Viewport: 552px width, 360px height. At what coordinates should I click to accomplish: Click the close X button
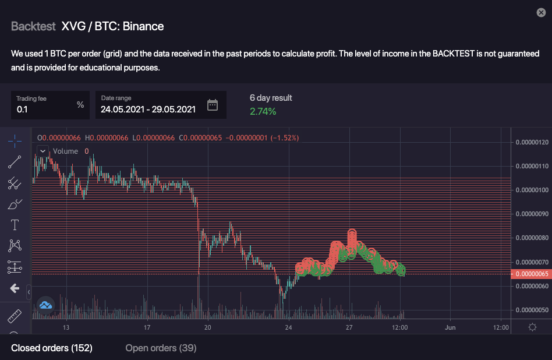(540, 12)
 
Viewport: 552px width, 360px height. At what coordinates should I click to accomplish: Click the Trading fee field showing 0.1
(50, 105)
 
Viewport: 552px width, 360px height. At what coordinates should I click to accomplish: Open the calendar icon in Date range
(213, 105)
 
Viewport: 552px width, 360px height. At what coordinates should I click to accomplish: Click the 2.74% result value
(263, 111)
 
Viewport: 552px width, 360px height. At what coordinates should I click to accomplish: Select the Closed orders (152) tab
(52, 348)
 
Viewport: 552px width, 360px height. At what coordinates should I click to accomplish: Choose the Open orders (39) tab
(161, 348)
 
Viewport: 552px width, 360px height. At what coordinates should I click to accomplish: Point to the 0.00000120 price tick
(532, 142)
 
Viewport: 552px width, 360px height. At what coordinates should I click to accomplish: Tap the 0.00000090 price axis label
(532, 214)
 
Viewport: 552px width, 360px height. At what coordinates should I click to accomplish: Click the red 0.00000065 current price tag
(530, 274)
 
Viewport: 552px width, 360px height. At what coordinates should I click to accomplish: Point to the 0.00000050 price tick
(532, 310)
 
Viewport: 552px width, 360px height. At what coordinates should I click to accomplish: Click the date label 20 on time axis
(208, 327)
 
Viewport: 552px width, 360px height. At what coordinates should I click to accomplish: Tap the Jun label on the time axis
(450, 327)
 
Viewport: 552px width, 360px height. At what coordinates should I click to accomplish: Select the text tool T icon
(15, 225)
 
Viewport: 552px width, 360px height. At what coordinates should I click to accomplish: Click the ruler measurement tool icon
(15, 316)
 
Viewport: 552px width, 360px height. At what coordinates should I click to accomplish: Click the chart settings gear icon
(532, 327)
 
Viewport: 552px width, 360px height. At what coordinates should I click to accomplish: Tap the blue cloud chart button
(45, 305)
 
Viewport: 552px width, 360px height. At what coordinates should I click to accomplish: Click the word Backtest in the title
(33, 26)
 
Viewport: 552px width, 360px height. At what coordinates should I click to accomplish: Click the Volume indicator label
(65, 151)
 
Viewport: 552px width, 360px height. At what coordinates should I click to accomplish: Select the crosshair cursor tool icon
(15, 140)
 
